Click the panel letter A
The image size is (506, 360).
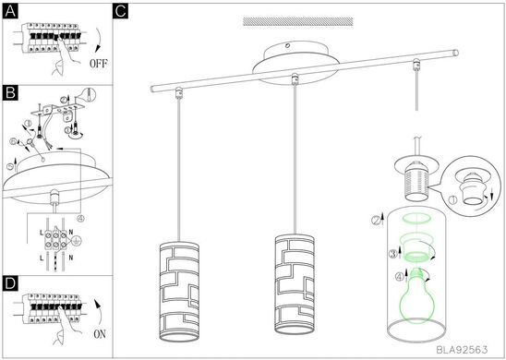(10, 12)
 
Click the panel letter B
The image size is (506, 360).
(10, 93)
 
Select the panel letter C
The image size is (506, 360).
(121, 11)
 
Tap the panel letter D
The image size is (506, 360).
(10, 283)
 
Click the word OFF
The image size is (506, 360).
(99, 64)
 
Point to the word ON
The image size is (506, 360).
(100, 334)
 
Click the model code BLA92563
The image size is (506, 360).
(462, 349)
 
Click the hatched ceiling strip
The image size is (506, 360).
(298, 21)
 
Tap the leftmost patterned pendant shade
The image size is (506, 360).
(179, 291)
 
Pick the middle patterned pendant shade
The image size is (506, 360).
(295, 284)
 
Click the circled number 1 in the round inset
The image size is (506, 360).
(452, 200)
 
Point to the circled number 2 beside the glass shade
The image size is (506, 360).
(376, 221)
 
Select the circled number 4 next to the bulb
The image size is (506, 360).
(400, 277)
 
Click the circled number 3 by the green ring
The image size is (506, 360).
(392, 254)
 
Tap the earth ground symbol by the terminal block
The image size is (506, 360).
(75, 240)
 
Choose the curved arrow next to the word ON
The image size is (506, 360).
(98, 312)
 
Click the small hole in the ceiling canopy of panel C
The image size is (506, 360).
(288, 46)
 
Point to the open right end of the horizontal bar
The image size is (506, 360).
(455, 53)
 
